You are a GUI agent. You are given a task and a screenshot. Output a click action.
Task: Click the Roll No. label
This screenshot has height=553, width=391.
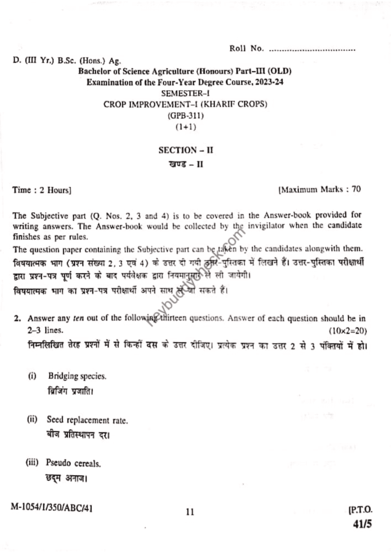pyautogui.click(x=246, y=49)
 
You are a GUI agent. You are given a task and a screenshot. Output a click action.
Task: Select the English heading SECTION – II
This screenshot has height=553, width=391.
pyautogui.click(x=185, y=150)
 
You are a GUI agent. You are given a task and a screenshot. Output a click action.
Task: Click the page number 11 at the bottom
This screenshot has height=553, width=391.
pyautogui.click(x=188, y=512)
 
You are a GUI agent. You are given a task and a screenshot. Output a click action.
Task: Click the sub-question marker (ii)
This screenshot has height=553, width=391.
pyautogui.click(x=33, y=419)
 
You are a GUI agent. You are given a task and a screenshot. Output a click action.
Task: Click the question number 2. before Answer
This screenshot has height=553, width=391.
pyautogui.click(x=17, y=319)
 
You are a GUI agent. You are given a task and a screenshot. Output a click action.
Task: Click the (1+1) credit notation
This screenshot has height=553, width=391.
pyautogui.click(x=185, y=127)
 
